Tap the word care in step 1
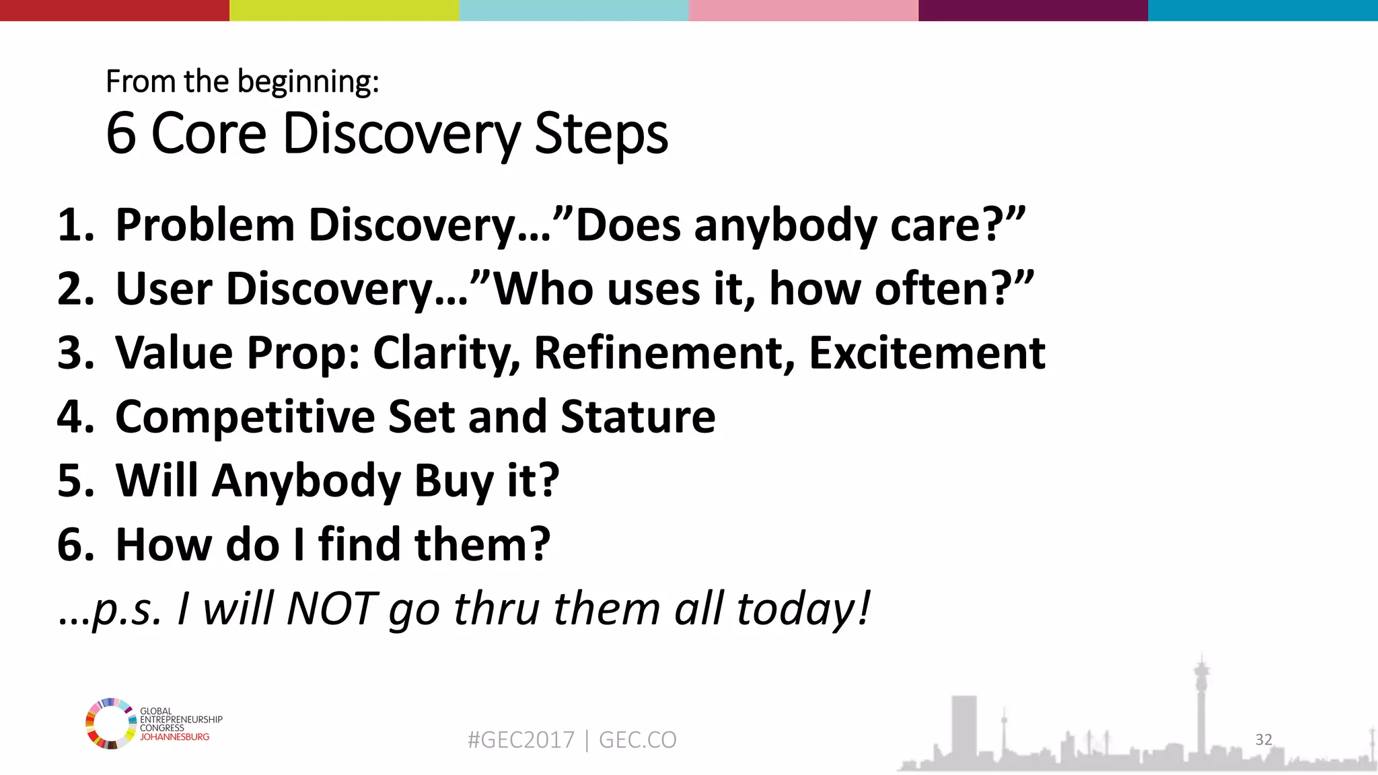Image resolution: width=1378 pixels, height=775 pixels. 936,225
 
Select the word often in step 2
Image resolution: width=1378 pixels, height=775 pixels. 933,289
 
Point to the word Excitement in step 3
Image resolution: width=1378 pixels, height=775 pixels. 927,353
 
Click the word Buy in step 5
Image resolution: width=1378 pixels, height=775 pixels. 453,481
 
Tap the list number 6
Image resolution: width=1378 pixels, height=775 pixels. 73,545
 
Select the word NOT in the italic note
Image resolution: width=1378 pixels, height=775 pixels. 331,609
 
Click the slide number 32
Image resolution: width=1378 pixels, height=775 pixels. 1264,739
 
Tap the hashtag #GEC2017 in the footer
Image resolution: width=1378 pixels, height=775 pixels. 521,740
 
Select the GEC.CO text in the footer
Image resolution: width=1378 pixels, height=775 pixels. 637,740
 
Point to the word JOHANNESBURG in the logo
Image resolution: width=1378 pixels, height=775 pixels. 174,737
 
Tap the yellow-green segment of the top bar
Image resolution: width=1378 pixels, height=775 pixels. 344,10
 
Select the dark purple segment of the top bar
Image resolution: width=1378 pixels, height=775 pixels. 1033,10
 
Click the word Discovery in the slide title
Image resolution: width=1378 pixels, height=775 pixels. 402,134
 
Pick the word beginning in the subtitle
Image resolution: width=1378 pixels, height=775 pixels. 307,82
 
